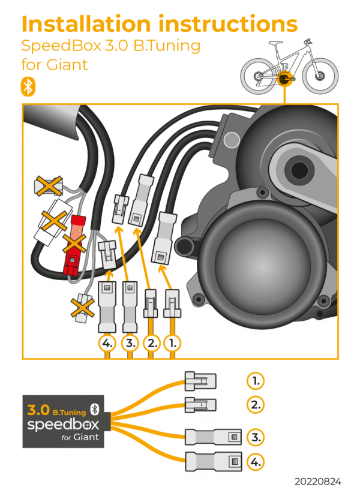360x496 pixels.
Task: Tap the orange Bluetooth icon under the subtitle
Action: coord(28,86)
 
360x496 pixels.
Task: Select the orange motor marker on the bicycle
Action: coord(284,78)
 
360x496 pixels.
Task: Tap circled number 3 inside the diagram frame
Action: coord(130,344)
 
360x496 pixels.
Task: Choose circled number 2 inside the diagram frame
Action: coord(152,344)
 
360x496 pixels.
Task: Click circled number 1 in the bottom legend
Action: coord(256,380)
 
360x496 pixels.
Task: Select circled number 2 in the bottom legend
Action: coord(256,404)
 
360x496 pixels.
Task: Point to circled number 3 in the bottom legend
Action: coord(256,437)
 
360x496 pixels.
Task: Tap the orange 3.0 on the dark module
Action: coord(38,411)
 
